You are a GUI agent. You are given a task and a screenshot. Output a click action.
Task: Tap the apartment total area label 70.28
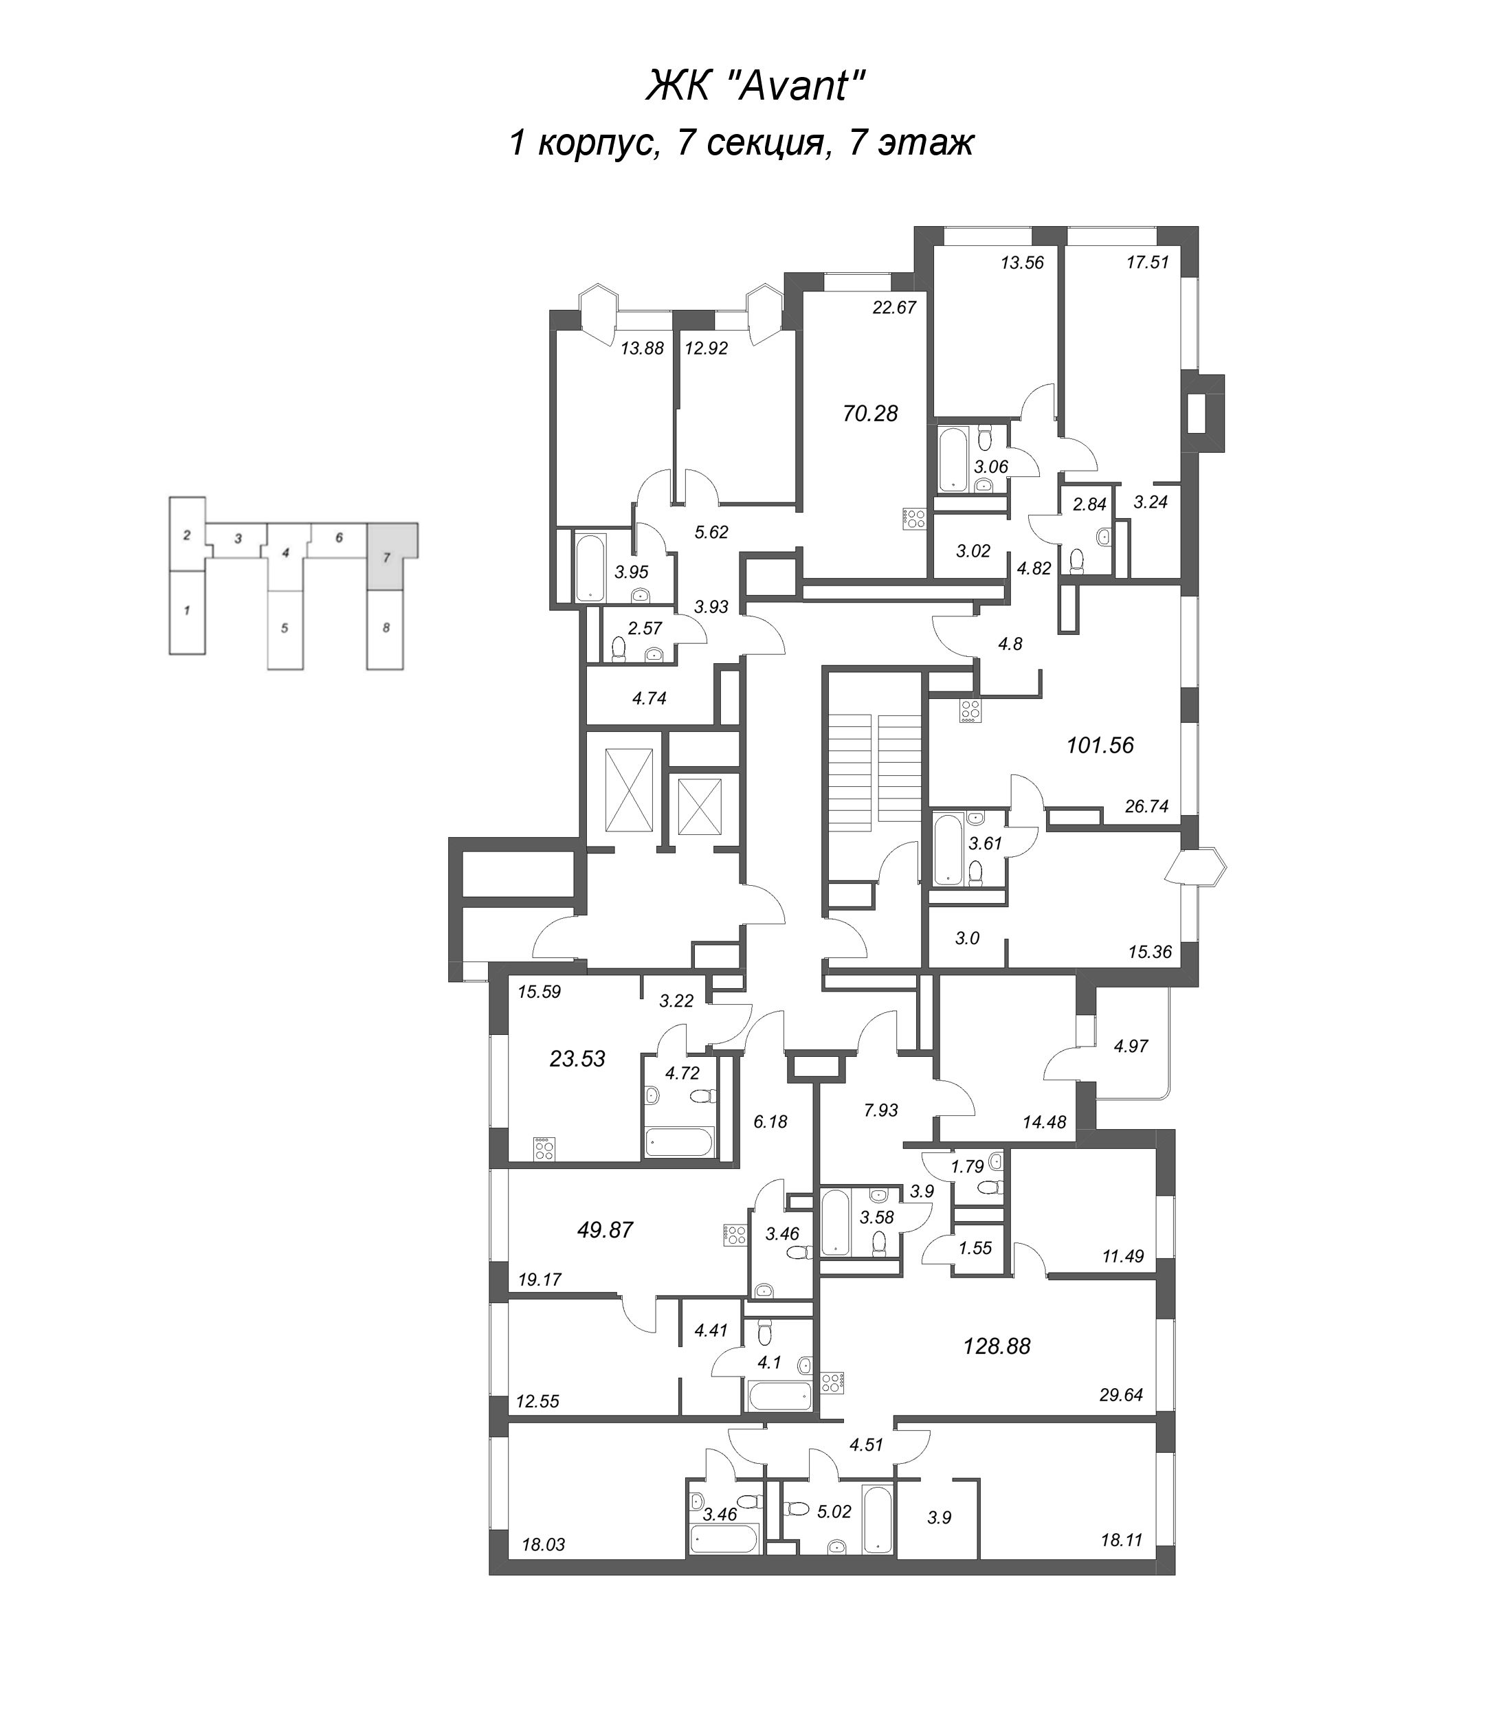point(870,413)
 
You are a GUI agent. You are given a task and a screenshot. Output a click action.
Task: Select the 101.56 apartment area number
point(1100,745)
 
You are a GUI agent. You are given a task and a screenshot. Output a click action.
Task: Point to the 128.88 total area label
point(997,1346)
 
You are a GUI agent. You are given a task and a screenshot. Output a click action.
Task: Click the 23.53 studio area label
point(577,1059)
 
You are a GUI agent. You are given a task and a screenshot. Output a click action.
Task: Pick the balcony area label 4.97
point(1131,1045)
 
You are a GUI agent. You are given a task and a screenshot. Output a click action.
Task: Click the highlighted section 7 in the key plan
point(386,556)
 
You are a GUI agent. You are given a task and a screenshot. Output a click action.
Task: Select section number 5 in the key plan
point(285,628)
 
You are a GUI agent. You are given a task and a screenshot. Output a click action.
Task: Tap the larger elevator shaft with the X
point(628,790)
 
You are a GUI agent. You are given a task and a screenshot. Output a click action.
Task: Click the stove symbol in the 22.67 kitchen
point(914,519)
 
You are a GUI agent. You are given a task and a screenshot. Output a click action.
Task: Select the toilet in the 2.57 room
point(619,649)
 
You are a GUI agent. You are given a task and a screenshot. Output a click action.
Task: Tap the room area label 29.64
point(1121,1395)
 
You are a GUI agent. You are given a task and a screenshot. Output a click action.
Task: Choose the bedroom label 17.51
point(1148,263)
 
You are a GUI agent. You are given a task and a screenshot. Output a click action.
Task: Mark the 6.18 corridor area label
point(770,1122)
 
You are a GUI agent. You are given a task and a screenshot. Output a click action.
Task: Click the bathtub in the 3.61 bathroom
point(948,849)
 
